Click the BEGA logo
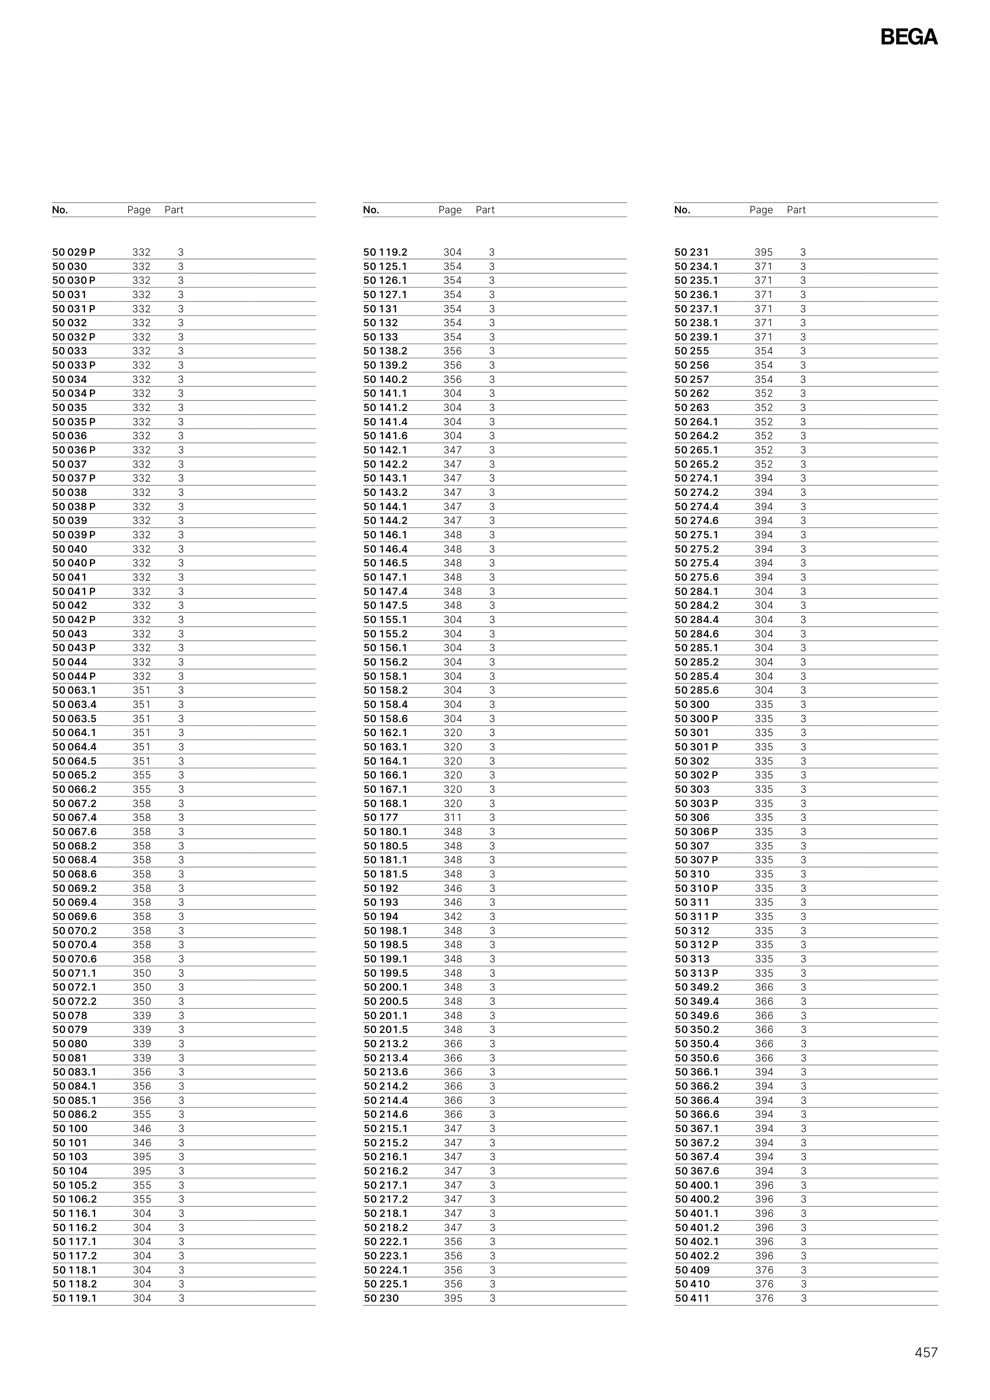tap(908, 37)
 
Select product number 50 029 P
tap(74, 252)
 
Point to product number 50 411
tap(692, 1298)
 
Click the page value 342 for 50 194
tap(453, 916)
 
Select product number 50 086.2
tap(75, 1114)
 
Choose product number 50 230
tap(381, 1298)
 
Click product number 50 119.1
tap(75, 1298)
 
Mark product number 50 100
tap(70, 1128)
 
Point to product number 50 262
tap(692, 393)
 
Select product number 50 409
tap(692, 1270)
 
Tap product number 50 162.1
tap(385, 733)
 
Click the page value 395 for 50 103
tap(142, 1157)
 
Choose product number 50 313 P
tap(696, 973)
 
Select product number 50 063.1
tap(75, 690)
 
